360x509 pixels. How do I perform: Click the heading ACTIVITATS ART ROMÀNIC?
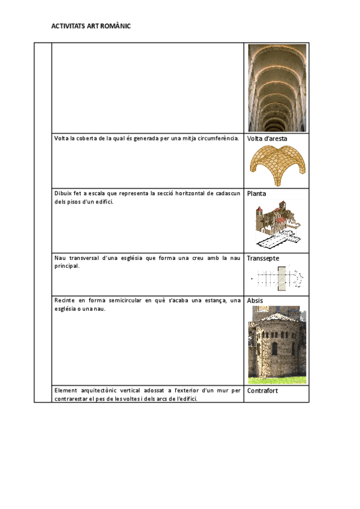pos(91,26)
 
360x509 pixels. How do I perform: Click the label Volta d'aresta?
pos(267,139)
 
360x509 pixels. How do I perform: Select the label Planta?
pos(257,194)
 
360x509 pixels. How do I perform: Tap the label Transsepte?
pos(263,258)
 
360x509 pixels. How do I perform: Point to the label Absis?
pos(255,300)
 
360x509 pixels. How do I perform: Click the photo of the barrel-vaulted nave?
pos(277,88)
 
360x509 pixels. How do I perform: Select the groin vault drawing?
pos(277,165)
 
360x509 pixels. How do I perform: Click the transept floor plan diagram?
pos(277,277)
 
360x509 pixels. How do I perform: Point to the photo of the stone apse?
pos(277,345)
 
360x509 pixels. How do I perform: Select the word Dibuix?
pos(64,193)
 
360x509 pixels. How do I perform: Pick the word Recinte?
pos(65,300)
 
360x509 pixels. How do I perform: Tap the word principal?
pos(67,266)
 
